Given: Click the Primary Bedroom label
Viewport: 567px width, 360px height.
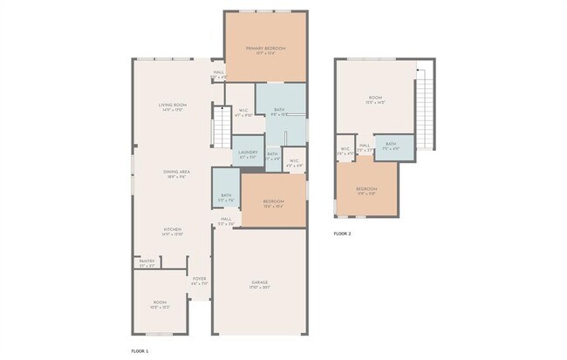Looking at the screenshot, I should (265, 50).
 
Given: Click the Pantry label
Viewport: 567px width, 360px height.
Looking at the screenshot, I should (146, 262).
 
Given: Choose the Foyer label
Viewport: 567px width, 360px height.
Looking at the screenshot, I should (199, 281).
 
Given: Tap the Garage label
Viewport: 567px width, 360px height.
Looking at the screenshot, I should (260, 284).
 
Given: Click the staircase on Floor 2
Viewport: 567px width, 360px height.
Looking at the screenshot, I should (424, 109).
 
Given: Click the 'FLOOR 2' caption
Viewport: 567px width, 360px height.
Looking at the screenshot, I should (344, 234).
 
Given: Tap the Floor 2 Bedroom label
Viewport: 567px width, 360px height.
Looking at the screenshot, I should (366, 190).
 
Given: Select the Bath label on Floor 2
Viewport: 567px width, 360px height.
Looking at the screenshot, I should (390, 146).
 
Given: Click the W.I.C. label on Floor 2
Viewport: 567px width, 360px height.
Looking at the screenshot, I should (345, 150).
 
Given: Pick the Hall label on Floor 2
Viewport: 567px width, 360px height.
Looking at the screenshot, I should (365, 146).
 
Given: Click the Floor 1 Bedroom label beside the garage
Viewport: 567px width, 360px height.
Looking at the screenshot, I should (274, 204).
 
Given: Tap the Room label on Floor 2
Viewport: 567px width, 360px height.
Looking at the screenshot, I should (375, 99).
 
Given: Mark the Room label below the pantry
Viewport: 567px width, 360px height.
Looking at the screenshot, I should (160, 305).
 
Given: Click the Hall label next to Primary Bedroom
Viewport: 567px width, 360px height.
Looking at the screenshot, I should (218, 74).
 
